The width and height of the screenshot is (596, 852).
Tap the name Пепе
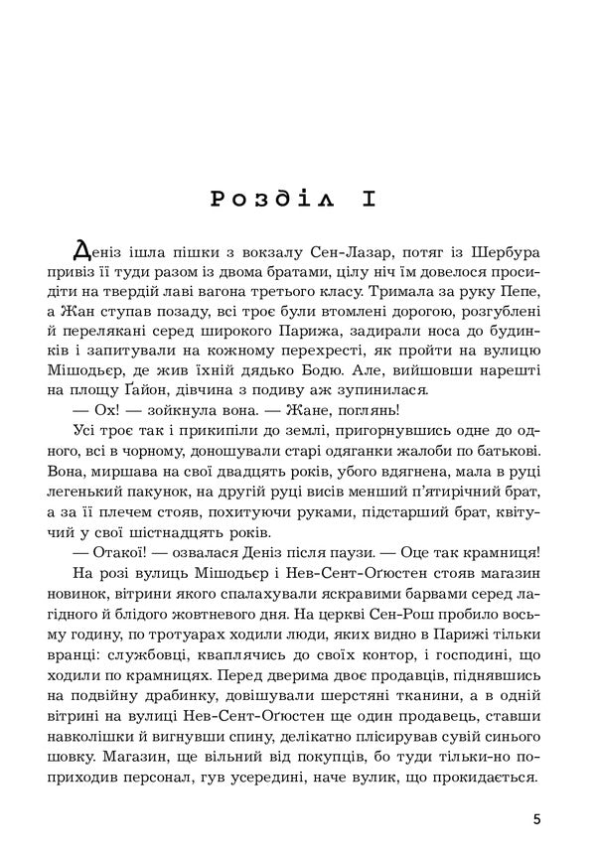(521, 297)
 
